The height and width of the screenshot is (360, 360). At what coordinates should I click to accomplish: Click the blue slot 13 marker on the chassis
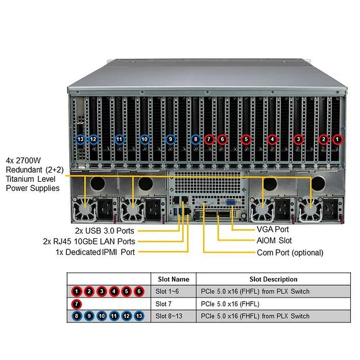80,139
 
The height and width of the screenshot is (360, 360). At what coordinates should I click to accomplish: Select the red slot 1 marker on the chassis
337,139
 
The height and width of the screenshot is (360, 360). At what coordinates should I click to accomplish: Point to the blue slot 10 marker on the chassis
144,139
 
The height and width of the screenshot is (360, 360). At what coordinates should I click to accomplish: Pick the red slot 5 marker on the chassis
246,139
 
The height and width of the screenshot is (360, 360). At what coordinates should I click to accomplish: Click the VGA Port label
273,228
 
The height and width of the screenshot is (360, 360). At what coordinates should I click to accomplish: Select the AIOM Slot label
274,240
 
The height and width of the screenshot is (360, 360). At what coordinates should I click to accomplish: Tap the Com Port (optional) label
290,252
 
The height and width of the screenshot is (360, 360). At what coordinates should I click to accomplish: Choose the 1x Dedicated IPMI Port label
95,252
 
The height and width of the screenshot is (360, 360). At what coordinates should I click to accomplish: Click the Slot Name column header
173,279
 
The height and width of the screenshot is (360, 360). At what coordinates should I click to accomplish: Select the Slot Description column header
273,279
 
